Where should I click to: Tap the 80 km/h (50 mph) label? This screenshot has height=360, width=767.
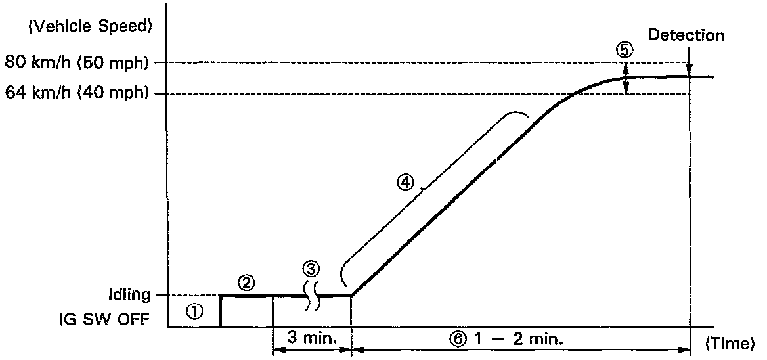[x=76, y=62]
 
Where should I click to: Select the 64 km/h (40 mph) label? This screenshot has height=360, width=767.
[x=76, y=93]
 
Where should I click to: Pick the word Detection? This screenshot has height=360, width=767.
[x=686, y=35]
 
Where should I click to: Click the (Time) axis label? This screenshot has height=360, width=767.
[x=730, y=343]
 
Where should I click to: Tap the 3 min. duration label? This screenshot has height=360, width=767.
[x=312, y=338]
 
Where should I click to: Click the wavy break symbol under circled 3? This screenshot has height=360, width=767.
[x=312, y=296]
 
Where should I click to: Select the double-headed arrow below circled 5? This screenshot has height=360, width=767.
[x=626, y=78]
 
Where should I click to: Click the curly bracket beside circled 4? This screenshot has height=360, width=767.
[x=427, y=191]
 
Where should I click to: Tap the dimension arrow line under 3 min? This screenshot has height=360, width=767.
[x=312, y=350]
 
